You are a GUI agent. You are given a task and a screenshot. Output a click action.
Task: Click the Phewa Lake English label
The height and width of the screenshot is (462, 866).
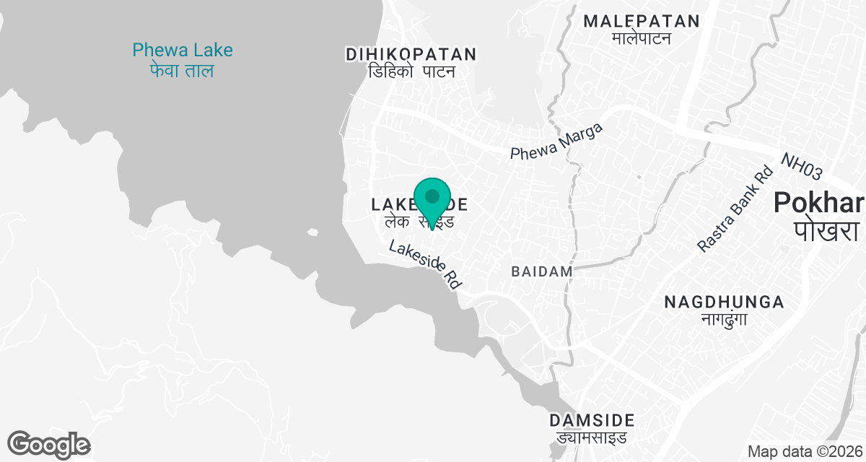coord(183,50)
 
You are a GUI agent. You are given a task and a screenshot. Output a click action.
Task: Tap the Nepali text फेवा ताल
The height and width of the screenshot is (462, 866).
coord(183,71)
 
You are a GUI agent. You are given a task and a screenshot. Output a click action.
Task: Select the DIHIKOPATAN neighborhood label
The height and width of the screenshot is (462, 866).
coord(411,54)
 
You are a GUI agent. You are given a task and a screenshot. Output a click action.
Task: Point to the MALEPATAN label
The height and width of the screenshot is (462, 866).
coord(642,21)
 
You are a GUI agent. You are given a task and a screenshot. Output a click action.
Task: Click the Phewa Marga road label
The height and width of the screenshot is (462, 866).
coord(556,141)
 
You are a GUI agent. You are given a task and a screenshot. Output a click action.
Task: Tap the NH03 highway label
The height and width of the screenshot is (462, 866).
coord(801,166)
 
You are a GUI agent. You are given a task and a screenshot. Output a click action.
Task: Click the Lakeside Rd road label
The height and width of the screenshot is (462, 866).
coord(424,265)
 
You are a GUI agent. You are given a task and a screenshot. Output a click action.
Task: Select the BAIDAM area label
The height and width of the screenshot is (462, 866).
coord(542,271)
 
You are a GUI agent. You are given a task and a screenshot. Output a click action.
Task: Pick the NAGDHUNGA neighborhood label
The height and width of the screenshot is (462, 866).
coord(724,301)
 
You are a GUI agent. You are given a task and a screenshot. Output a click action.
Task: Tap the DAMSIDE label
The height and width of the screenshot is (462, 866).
coord(592,420)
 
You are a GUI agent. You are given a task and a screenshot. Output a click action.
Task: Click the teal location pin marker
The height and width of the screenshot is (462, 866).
coord(432,199)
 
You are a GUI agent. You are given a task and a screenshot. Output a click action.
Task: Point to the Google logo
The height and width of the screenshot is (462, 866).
coord(48,444)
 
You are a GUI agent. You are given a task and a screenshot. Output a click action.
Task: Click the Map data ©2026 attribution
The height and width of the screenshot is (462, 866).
coord(805,452)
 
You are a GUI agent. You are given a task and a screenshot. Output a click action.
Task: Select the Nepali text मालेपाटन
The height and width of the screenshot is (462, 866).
coord(642,38)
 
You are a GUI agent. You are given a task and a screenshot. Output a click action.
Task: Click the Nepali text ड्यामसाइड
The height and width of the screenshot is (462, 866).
coord(592,437)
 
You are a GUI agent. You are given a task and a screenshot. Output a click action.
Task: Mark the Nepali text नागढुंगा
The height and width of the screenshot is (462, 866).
coord(724,319)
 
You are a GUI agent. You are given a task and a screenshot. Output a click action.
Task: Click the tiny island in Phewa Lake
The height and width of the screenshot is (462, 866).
coord(312,232)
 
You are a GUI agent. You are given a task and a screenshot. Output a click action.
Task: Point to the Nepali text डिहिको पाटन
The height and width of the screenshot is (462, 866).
coord(411,72)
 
